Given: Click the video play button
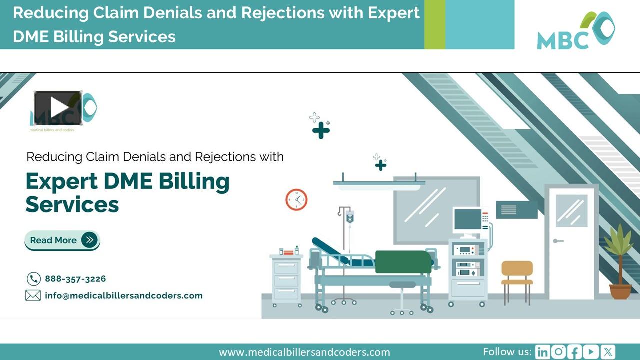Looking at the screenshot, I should point(58,108).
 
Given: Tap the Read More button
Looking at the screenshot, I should point(62,240).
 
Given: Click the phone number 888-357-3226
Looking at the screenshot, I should point(75,279).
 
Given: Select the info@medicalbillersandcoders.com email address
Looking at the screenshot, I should point(124,295).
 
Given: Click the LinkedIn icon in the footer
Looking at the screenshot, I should point(542,352).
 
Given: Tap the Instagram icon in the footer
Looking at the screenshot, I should point(558,352).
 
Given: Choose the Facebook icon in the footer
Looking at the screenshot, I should point(575,352).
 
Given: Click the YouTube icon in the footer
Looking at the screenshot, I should point(591,352).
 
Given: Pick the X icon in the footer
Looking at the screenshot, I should point(608,352).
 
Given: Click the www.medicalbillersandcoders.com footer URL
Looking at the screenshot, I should point(304,352).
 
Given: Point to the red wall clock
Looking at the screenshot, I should point(296,200).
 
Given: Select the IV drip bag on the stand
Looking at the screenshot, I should point(350,217).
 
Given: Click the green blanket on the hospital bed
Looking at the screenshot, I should point(403,262).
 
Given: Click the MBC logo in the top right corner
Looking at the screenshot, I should point(576,31).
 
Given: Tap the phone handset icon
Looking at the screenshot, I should point(33,279).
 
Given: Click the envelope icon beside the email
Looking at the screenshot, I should point(33,296).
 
